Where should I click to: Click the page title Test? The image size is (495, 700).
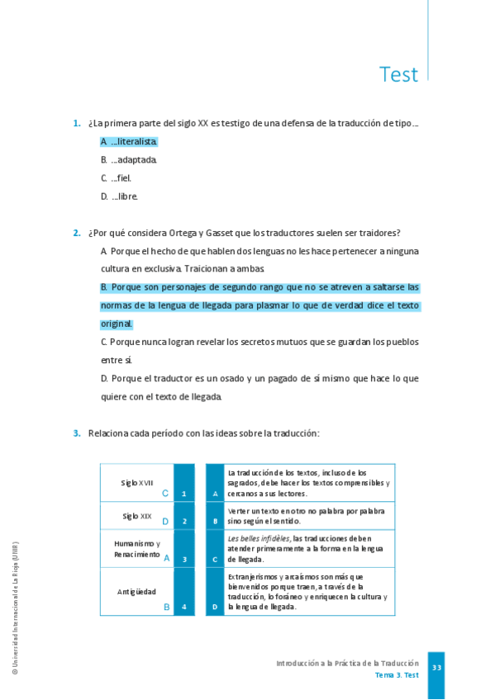click(x=398, y=74)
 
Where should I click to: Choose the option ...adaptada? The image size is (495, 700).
click(x=129, y=160)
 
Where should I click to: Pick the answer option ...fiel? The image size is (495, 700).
click(x=117, y=178)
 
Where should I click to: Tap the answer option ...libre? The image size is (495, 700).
click(x=120, y=196)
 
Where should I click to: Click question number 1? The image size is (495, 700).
click(x=77, y=124)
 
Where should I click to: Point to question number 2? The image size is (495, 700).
click(x=77, y=233)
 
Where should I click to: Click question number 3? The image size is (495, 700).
click(x=77, y=433)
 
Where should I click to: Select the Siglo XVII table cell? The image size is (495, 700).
click(x=137, y=482)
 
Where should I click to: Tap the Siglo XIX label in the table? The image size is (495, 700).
click(x=137, y=516)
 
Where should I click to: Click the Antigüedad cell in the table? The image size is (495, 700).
click(x=136, y=591)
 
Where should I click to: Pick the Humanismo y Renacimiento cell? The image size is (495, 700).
click(x=137, y=549)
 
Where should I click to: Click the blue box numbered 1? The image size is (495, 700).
click(x=183, y=494)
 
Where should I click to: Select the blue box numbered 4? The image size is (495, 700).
click(x=183, y=607)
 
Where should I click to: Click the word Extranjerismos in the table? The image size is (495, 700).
click(x=259, y=576)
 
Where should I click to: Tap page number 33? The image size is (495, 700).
click(x=436, y=667)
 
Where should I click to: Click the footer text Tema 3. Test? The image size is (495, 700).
click(x=397, y=675)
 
